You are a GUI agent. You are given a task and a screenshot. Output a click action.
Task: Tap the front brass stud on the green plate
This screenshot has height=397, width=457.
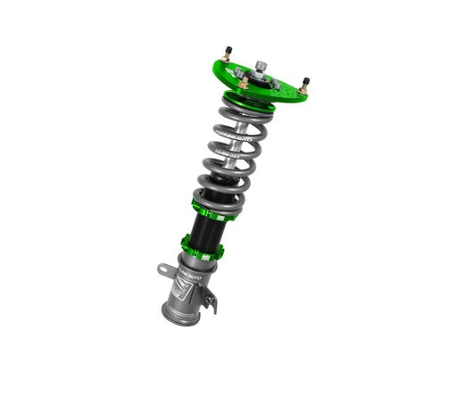click(x=244, y=83)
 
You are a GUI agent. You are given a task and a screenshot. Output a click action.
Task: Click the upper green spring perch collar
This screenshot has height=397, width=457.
click(x=207, y=206)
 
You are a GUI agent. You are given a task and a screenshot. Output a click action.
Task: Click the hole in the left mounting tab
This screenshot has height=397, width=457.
click(x=164, y=270)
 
